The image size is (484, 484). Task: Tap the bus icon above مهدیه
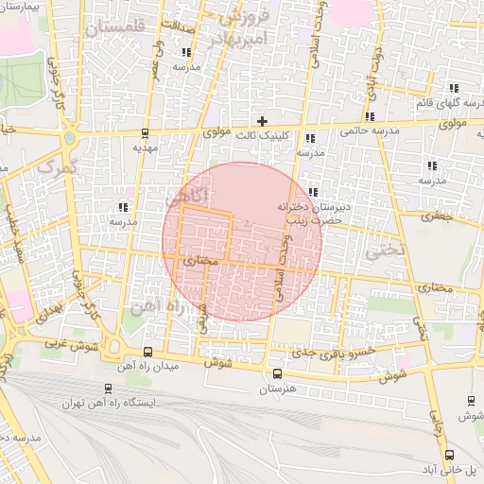click(x=143, y=132)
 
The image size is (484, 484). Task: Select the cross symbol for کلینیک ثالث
click(x=263, y=121)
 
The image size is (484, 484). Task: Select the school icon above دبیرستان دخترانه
click(x=312, y=192)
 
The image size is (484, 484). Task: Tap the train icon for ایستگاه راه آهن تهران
click(x=105, y=389)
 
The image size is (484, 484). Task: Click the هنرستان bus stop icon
click(x=276, y=373)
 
